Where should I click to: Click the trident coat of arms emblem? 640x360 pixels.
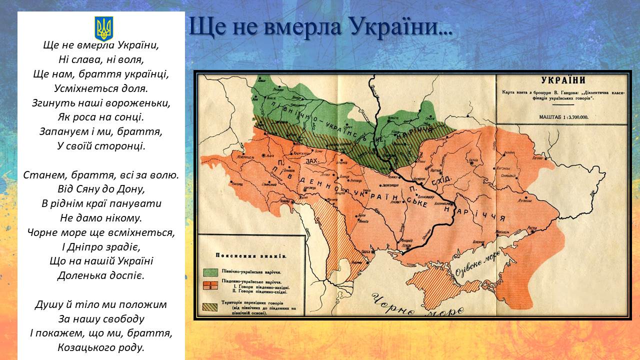pos(104,28)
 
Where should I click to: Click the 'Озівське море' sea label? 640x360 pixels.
pos(476,264)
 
